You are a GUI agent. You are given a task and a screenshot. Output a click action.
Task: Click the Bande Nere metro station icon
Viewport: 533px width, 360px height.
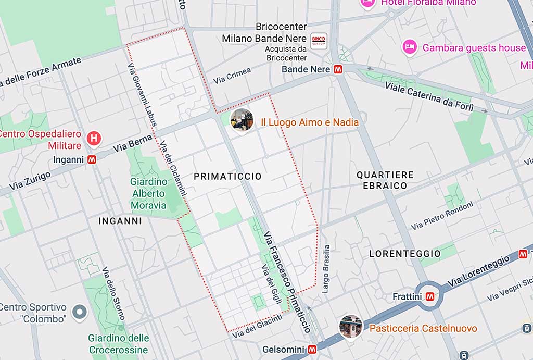(x=338, y=69)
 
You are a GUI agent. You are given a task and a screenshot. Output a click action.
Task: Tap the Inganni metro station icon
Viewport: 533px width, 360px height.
(x=92, y=160)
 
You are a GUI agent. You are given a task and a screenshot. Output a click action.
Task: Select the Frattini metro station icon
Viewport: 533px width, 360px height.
(x=430, y=296)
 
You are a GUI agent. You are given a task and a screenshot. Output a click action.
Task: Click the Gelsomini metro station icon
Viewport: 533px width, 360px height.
(x=312, y=349)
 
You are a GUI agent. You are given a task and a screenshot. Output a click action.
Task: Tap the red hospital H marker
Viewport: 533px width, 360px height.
(x=94, y=139)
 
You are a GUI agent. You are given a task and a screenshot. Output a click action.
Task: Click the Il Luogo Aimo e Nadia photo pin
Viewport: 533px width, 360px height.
(x=242, y=120)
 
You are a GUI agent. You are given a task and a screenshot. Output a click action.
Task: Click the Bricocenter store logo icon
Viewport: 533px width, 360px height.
(x=319, y=41)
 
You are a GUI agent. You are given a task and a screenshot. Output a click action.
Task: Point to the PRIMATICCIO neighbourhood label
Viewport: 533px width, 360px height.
(x=227, y=177)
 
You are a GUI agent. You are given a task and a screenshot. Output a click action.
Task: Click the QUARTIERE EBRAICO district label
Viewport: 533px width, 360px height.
(x=385, y=180)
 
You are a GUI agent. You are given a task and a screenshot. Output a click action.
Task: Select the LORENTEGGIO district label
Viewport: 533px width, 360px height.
(x=405, y=254)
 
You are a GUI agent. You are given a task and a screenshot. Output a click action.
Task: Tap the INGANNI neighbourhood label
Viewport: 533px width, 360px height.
(x=120, y=221)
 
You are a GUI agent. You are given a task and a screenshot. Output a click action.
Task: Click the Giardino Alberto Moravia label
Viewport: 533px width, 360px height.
(x=149, y=193)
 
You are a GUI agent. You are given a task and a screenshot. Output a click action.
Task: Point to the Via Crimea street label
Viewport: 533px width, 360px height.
(x=232, y=76)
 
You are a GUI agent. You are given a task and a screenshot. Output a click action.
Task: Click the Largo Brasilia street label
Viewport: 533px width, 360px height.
(x=326, y=269)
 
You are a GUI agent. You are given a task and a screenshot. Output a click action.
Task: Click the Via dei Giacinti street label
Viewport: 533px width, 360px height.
(x=257, y=326)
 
